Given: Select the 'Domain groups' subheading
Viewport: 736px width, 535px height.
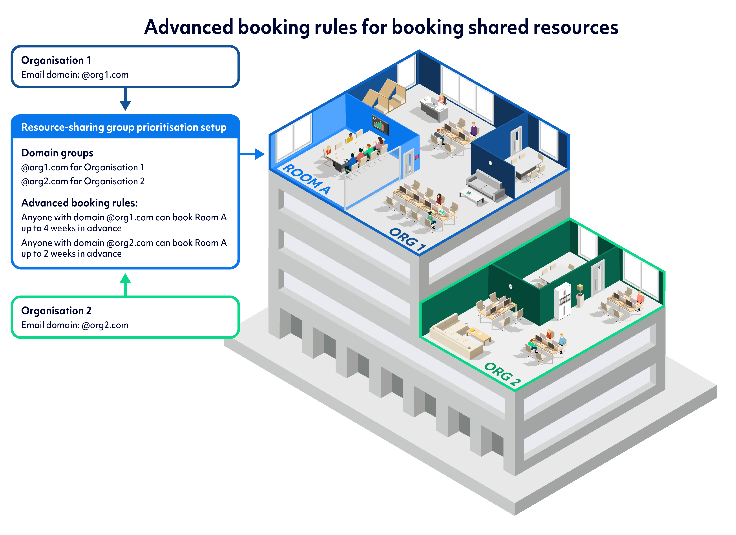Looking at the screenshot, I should tap(57, 153).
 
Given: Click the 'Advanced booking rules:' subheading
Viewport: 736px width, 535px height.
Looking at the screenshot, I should tap(80, 203).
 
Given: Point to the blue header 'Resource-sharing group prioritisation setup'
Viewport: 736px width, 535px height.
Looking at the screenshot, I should tap(124, 127).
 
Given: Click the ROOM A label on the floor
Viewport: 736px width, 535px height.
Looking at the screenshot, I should tap(306, 179).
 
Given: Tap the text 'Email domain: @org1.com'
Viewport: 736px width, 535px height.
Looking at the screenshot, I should tap(75, 75).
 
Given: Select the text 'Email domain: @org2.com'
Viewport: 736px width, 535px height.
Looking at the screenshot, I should tap(75, 325).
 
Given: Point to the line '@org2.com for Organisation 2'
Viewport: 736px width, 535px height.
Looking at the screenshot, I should tap(83, 181).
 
